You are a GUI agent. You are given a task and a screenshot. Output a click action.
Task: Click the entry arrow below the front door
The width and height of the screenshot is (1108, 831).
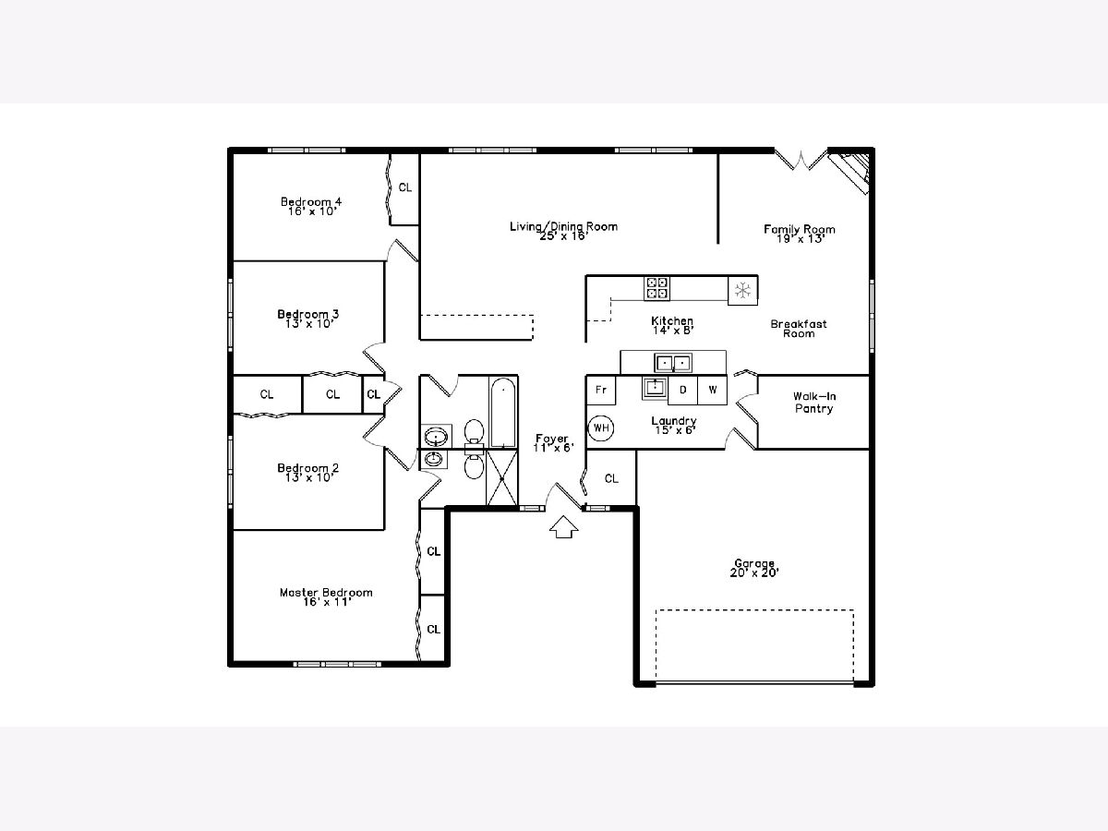coord(563,526)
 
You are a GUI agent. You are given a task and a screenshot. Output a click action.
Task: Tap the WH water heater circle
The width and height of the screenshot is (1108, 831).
coord(601,428)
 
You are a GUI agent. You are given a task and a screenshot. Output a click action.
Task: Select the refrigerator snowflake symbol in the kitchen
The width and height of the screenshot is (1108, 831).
coord(742,290)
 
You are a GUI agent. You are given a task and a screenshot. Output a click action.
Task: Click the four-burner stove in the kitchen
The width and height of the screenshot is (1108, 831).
coord(656,288)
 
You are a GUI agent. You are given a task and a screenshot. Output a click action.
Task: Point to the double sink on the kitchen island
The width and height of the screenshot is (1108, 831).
coord(673,363)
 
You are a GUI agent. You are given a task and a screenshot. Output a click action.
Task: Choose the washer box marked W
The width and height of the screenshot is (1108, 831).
coord(712,390)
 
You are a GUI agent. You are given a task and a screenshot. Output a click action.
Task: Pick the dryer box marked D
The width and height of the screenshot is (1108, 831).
coord(683,390)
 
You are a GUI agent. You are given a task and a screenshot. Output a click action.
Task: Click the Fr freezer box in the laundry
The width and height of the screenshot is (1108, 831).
coord(601,390)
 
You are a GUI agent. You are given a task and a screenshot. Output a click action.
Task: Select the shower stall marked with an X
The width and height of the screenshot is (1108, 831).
coord(501,477)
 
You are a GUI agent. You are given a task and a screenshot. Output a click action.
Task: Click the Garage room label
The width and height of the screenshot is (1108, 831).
coord(754,563)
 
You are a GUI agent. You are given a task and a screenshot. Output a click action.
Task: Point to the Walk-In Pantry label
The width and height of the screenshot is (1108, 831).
coord(814,403)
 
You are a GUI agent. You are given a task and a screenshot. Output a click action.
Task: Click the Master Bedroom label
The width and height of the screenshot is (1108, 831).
coord(326,593)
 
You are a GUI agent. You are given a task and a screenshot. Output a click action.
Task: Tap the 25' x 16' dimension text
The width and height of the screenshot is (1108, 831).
coord(564,235)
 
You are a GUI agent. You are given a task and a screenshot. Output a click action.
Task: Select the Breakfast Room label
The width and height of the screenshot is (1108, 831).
coord(799,329)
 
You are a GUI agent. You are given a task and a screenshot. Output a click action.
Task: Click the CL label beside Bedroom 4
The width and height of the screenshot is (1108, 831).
coord(404,187)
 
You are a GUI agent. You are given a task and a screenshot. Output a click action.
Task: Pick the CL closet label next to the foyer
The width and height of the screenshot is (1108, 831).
coord(611,478)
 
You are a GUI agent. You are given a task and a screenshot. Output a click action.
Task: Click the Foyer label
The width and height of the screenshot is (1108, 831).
coord(552,439)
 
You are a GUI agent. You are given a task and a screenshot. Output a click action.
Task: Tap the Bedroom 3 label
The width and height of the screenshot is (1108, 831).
coord(307,314)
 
